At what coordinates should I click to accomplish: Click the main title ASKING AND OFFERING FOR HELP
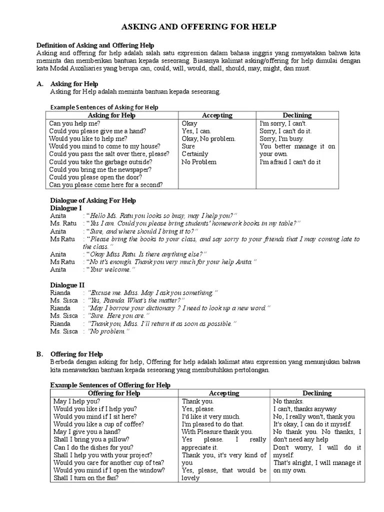tap(199, 27)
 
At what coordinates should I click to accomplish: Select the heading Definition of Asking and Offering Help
tap(95, 45)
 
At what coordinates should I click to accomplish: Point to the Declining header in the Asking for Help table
tap(296, 115)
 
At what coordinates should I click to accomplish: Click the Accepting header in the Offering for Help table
tap(224, 393)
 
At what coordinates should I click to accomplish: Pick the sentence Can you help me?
tap(74, 123)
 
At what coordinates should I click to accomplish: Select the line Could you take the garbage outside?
tap(100, 162)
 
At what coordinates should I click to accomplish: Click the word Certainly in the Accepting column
tap(194, 154)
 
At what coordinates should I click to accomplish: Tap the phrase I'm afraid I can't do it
tap(290, 162)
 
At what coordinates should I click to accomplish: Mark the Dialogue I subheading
tap(66, 207)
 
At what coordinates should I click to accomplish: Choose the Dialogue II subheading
tap(67, 285)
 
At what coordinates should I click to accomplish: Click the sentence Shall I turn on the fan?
tap(86, 478)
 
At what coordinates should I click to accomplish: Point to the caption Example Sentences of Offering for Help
tap(110, 385)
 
